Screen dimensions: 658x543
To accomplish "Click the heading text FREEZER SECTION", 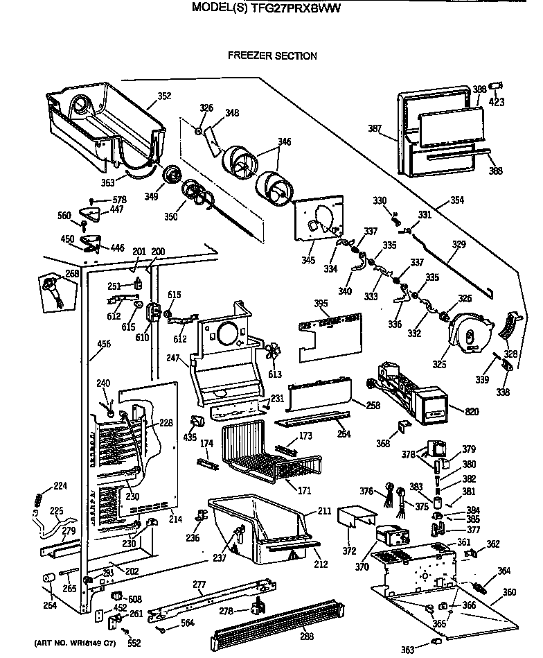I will tap(272, 56).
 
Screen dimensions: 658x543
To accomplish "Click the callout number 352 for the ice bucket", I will tap(163, 96).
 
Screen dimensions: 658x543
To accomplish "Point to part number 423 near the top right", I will tap(497, 102).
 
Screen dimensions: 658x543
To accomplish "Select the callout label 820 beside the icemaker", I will tap(472, 412).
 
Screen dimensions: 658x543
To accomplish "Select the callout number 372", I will tap(349, 551).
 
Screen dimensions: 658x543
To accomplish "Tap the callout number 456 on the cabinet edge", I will tap(104, 343).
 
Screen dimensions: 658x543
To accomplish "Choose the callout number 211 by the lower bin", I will tap(323, 512).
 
